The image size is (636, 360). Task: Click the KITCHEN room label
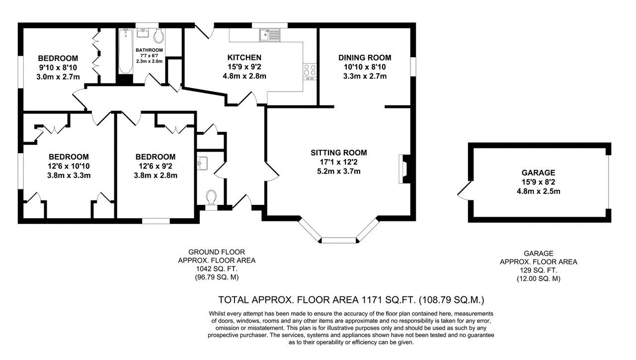244,58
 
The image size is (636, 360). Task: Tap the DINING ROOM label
365,58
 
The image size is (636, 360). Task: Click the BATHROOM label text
149,50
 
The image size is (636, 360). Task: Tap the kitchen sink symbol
269,35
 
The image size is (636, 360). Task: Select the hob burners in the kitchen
310,72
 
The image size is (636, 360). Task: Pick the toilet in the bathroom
159,35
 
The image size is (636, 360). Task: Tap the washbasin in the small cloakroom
202,162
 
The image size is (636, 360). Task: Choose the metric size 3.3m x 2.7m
365,76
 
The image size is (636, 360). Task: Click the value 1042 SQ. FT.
217,269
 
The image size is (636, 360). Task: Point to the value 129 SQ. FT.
538,270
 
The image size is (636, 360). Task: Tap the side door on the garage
463,191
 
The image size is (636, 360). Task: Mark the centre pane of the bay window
338,241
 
